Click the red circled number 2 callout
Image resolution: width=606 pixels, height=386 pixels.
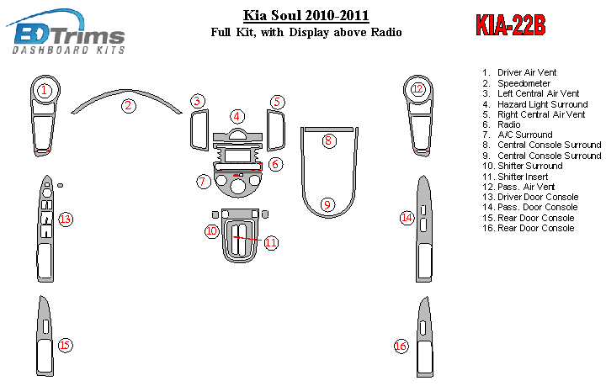[128, 105]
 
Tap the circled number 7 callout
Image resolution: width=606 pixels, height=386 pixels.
[204, 181]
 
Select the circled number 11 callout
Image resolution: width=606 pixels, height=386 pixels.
[271, 242]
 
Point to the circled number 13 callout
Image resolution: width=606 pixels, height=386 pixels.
[66, 219]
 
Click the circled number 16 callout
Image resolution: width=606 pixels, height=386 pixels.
[401, 346]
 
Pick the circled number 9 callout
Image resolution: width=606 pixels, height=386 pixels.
[327, 204]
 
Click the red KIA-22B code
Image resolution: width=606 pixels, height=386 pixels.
[511, 25]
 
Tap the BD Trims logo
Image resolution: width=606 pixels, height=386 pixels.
[66, 33]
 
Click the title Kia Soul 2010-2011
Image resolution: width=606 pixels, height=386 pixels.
[306, 15]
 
